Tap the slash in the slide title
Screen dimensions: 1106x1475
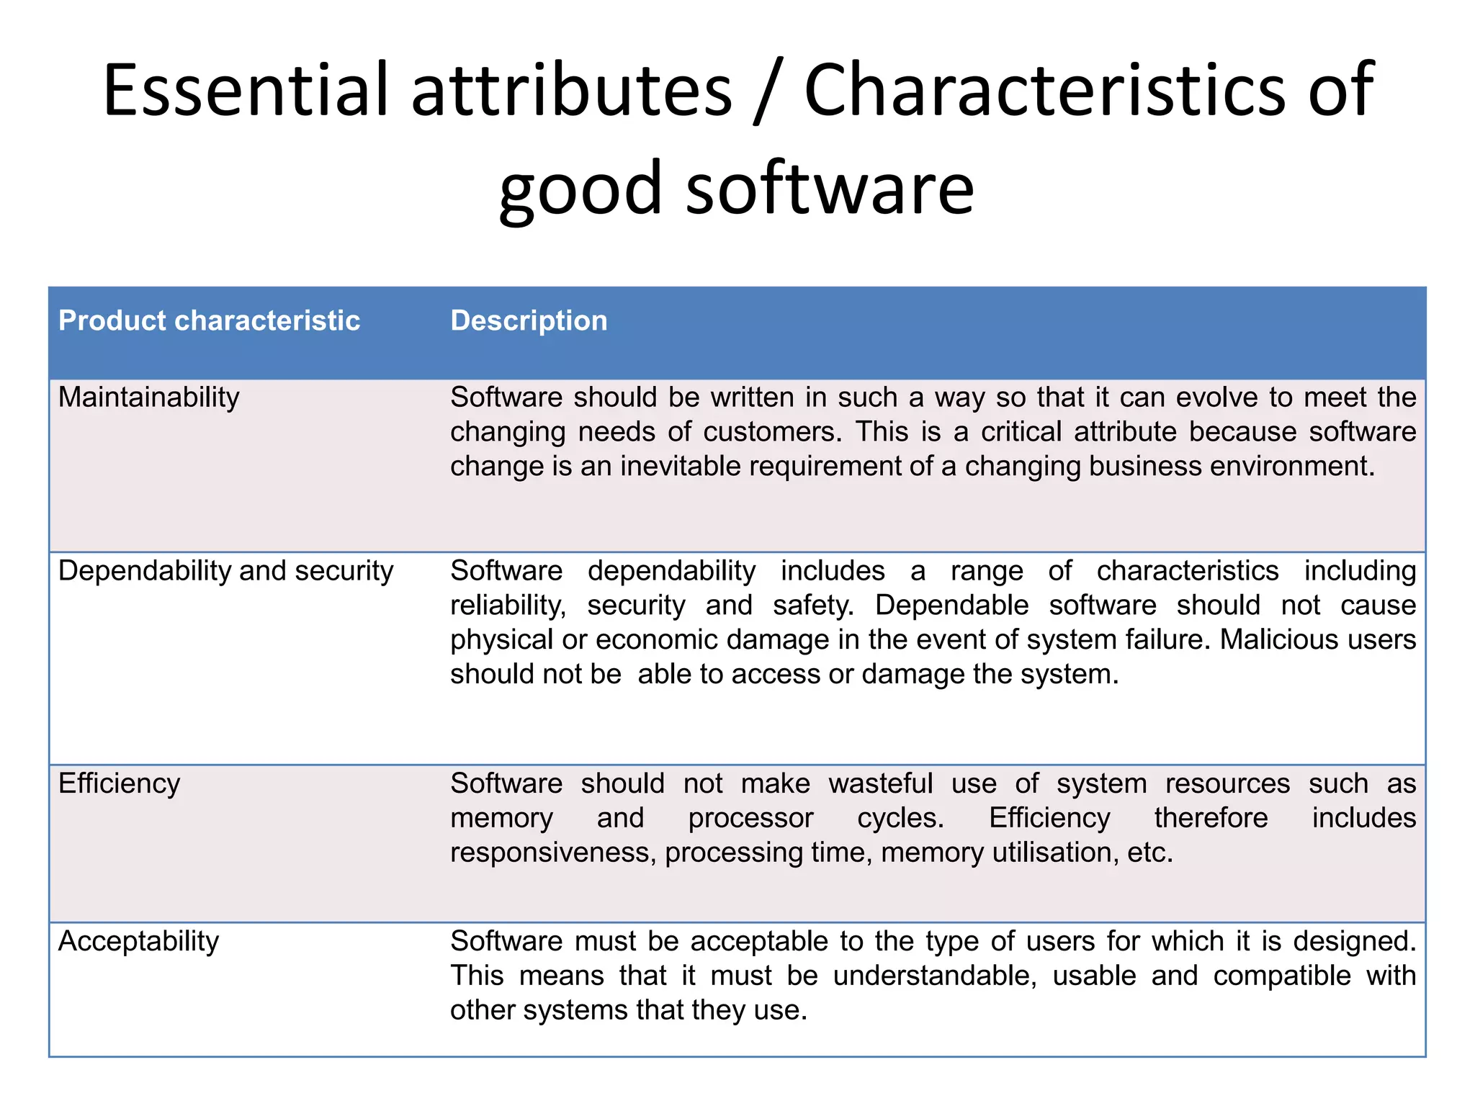pos(768,92)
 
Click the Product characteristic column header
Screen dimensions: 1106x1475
pos(209,320)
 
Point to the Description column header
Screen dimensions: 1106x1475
pos(529,320)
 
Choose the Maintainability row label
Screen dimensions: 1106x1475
pos(148,397)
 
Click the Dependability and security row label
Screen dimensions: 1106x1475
pos(225,571)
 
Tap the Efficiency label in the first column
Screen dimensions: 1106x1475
pos(119,783)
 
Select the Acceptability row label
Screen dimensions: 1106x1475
pos(138,941)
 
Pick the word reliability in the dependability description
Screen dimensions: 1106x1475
pos(508,606)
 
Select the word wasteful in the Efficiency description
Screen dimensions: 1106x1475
pos(880,783)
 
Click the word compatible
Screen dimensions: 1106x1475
pos(1282,976)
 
